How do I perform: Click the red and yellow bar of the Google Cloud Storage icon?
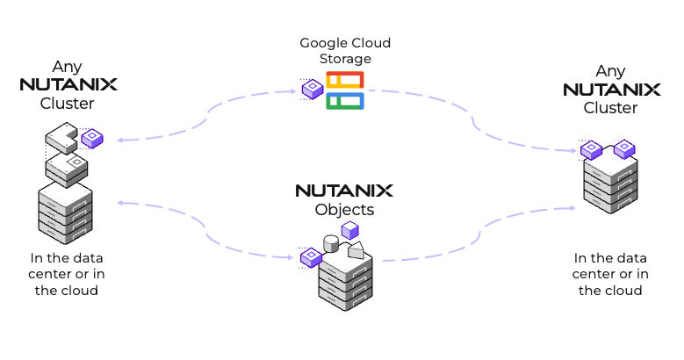345,81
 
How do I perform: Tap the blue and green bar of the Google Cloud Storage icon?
345,101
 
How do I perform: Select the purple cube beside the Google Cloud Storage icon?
312,89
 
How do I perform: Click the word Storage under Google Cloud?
345,58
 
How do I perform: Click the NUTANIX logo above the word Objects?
343,191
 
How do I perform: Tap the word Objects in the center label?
344,210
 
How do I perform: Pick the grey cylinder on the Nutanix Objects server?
331,242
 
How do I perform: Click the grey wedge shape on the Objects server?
356,250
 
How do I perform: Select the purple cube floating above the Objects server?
349,230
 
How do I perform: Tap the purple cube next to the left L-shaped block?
92,138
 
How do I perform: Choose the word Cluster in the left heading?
67,103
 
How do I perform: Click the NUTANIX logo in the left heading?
68,85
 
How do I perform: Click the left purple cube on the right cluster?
590,150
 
